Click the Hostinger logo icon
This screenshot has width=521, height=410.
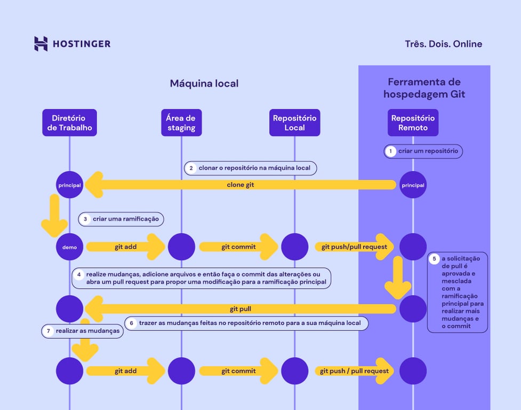click(x=41, y=44)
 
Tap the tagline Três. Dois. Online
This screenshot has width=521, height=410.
click(x=443, y=44)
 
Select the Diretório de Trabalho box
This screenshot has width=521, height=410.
click(x=69, y=123)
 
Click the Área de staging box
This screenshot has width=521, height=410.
click(x=181, y=123)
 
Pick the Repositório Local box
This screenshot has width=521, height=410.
click(x=294, y=123)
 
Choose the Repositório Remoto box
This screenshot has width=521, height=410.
click(x=413, y=123)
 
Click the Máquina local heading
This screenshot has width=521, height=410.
click(x=204, y=83)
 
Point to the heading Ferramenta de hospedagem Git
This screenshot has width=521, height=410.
click(x=424, y=88)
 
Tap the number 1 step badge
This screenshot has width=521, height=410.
click(x=390, y=151)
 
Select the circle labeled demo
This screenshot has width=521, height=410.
click(x=69, y=247)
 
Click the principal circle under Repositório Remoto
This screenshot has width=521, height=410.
click(x=413, y=185)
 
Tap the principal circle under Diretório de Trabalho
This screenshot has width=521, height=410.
click(x=69, y=185)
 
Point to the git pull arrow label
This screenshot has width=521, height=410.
click(x=241, y=309)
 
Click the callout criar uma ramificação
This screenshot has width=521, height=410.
click(x=121, y=219)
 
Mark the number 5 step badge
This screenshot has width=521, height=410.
click(x=434, y=259)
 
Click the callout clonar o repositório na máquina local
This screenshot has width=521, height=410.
click(x=251, y=168)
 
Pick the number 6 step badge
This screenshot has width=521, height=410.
click(x=131, y=323)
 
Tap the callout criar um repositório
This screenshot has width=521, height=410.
click(x=424, y=151)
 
